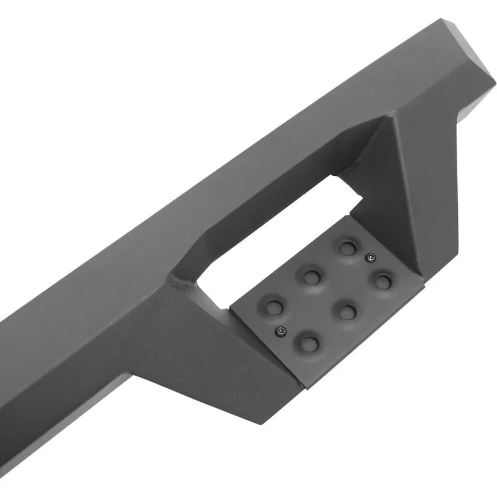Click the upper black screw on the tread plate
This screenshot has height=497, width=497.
[370, 257]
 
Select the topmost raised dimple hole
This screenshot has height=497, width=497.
[346, 248]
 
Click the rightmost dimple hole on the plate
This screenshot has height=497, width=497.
[384, 281]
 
